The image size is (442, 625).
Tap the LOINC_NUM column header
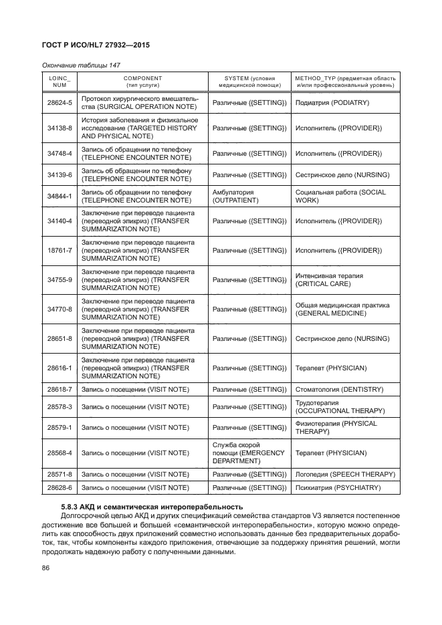pos(60,82)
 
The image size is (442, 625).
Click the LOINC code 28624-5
pos(60,102)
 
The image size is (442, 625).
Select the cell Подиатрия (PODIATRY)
pos(332,102)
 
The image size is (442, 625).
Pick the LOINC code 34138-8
pos(60,128)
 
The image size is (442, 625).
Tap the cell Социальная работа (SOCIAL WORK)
pos(336,195)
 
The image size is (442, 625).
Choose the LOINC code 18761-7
pos(60,250)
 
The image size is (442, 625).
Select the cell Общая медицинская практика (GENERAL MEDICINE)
pos(342,309)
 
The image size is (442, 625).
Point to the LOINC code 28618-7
pos(60,389)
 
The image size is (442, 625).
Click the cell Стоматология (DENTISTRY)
pos(338,389)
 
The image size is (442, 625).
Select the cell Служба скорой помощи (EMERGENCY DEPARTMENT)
pos(247,453)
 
